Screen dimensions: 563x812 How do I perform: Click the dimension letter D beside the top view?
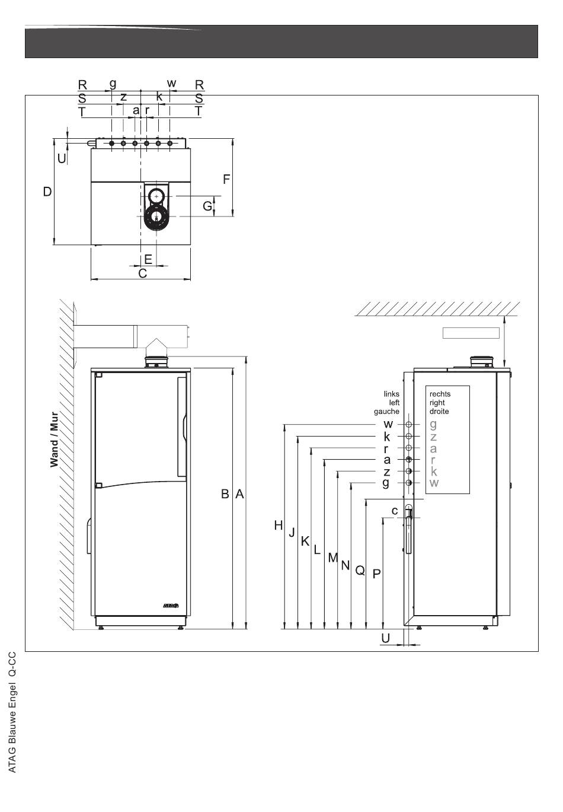pyautogui.click(x=47, y=192)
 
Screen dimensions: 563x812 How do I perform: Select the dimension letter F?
pyautogui.click(x=226, y=179)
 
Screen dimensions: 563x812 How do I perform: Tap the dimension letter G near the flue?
pyautogui.click(x=207, y=206)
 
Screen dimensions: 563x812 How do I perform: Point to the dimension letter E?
pyautogui.click(x=148, y=259)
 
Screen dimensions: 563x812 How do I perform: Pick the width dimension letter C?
pyautogui.click(x=143, y=273)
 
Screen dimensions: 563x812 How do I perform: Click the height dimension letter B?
pyautogui.click(x=225, y=493)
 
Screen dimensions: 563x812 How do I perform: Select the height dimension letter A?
pyautogui.click(x=239, y=493)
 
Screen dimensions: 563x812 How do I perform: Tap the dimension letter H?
pyautogui.click(x=278, y=526)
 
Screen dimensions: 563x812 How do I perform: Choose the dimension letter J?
pyautogui.click(x=292, y=533)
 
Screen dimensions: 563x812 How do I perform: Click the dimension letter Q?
pyautogui.click(x=360, y=571)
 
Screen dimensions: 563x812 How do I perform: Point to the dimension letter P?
pyautogui.click(x=376, y=574)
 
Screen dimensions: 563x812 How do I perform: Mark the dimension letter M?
pyautogui.click(x=333, y=558)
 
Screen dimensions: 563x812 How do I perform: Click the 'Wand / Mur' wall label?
pyautogui.click(x=54, y=440)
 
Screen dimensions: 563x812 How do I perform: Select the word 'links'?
pyautogui.click(x=391, y=394)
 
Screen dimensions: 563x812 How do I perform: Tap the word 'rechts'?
pyautogui.click(x=440, y=394)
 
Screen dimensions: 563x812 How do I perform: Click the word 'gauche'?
pyautogui.click(x=386, y=412)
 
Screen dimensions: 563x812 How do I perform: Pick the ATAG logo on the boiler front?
pyautogui.click(x=171, y=606)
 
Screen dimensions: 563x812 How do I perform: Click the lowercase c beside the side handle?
pyautogui.click(x=395, y=511)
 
